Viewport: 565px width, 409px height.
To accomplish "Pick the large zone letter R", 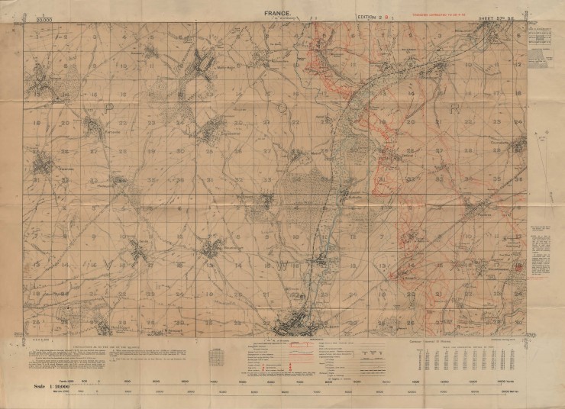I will tap(454, 108).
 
